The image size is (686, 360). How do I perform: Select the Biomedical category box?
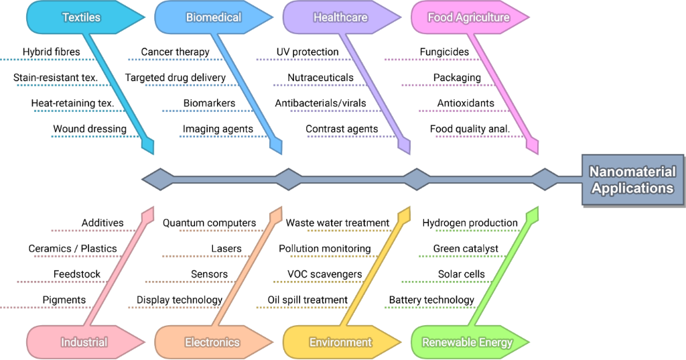tap(213, 17)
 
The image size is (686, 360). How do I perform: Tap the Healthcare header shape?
tap(340, 17)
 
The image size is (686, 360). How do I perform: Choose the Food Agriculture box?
tap(468, 17)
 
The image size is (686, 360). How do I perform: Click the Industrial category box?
tap(84, 342)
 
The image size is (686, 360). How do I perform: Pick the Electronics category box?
tap(212, 342)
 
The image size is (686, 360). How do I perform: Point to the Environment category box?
tap(340, 342)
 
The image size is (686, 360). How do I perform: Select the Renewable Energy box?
tap(467, 342)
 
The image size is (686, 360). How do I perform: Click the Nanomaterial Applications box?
tap(632, 180)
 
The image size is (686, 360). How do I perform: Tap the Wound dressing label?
tap(90, 129)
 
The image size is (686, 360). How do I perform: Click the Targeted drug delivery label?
tap(176, 78)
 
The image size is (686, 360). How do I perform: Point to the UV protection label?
tap(307, 52)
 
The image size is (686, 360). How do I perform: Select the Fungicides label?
tap(444, 52)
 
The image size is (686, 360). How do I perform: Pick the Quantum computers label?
tap(209, 223)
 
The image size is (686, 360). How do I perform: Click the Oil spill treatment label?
tap(307, 300)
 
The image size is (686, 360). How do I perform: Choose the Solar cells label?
tap(462, 274)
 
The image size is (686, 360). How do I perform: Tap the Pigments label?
tap(64, 300)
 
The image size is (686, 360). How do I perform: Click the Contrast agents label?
tap(342, 129)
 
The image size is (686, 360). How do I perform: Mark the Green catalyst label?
tap(466, 249)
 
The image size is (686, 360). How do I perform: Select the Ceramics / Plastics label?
tap(72, 249)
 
